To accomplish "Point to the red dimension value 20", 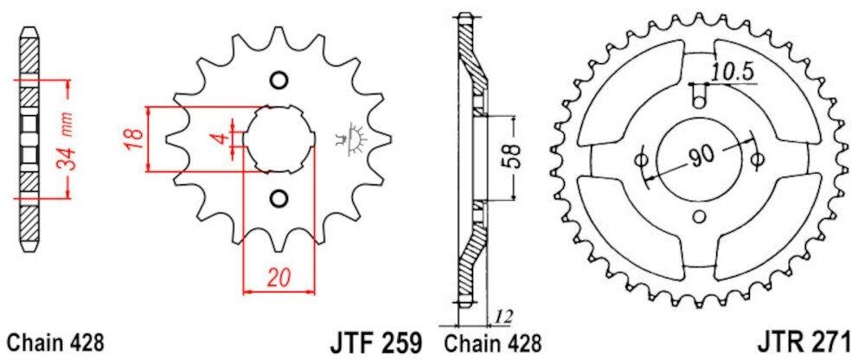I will point(278,278).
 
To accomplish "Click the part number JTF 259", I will point(375,339).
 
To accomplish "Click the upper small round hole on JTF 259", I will point(279,80).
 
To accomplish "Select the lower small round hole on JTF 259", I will point(278,200).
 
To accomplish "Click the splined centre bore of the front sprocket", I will point(279,139).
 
